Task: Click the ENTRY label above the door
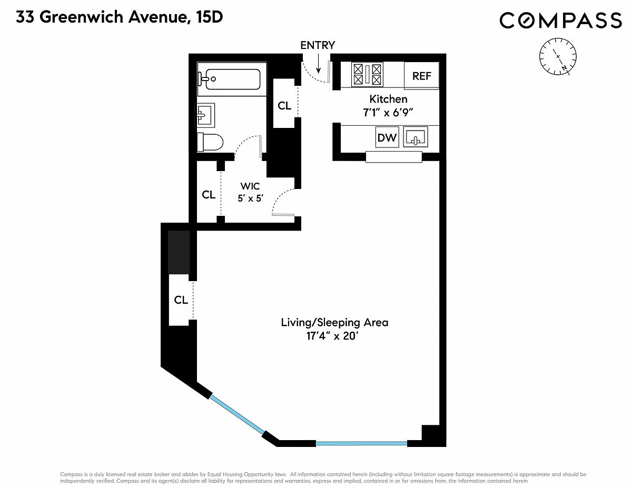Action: tap(318, 45)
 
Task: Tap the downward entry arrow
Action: tap(319, 63)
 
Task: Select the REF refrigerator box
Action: tap(421, 76)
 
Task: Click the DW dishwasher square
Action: tap(387, 137)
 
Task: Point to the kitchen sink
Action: tap(416, 137)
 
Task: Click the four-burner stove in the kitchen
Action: tap(367, 74)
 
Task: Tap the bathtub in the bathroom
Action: tap(232, 79)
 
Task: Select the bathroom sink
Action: tap(205, 115)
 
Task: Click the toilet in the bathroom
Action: tap(210, 143)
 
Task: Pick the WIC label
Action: tap(250, 186)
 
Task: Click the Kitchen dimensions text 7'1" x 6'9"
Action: tap(388, 113)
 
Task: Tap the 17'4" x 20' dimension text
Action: tap(332, 336)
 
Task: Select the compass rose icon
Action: tap(558, 56)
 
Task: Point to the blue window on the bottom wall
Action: tap(361, 444)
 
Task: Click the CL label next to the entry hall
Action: tap(284, 106)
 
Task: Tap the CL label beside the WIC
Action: tap(209, 195)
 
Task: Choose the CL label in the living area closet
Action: tap(181, 300)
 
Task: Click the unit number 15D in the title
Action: tap(210, 17)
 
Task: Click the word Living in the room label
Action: tap(298, 323)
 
